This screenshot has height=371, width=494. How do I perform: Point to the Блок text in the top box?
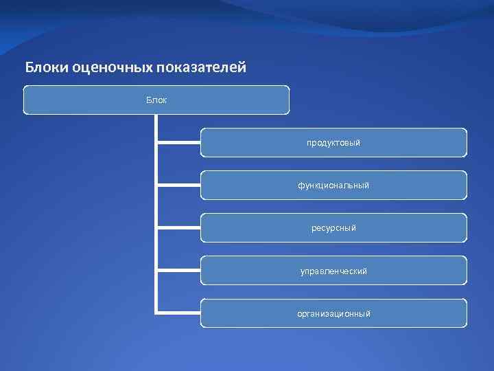tap(156, 100)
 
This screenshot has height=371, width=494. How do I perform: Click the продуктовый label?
tap(333, 143)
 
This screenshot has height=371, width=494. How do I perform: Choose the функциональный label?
tap(333, 185)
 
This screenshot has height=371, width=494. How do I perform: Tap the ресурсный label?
tap(333, 228)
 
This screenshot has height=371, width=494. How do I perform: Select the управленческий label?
tap(333, 271)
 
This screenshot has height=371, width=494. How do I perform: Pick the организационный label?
tap(333, 314)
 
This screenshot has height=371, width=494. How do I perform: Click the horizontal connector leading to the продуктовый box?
tap(178, 143)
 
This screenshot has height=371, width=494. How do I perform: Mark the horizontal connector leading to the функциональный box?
tap(178, 185)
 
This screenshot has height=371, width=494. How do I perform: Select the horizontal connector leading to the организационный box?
tap(178, 313)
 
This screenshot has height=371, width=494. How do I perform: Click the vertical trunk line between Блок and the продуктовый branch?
tap(156, 128)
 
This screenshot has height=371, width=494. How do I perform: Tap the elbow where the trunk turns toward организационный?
tap(157, 313)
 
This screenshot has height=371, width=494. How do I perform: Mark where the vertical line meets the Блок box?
tap(156, 115)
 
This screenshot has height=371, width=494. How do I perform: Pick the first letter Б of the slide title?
tap(30, 67)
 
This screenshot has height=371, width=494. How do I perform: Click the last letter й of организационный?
tap(368, 314)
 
